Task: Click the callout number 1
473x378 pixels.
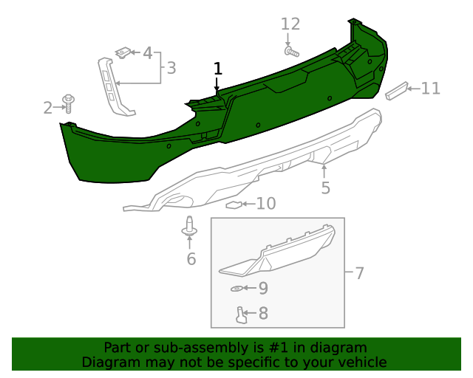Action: click(218, 69)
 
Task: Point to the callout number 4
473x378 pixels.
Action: click(148, 53)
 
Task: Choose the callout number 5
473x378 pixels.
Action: click(325, 188)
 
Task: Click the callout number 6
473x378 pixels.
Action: click(191, 258)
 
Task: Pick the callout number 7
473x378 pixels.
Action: click(359, 273)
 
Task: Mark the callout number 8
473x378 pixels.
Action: click(262, 314)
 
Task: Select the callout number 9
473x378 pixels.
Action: click(262, 288)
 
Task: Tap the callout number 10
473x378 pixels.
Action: click(265, 203)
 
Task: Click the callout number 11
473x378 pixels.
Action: click(430, 89)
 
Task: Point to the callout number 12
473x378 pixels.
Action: click(290, 24)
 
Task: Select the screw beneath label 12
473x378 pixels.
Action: click(290, 52)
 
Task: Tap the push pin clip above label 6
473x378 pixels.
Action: click(191, 228)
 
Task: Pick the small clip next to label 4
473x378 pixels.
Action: click(123, 52)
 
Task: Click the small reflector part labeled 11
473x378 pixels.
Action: click(397, 90)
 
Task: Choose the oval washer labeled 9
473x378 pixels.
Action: click(236, 288)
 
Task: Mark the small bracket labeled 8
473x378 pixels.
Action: click(241, 315)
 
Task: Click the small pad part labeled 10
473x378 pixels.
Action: click(234, 204)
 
